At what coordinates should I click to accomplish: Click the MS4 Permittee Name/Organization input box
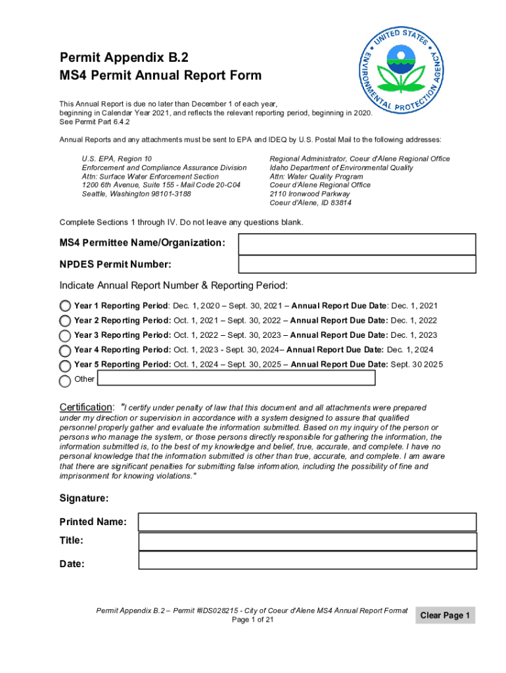coord(356,244)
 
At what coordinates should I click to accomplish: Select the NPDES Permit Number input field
coord(356,264)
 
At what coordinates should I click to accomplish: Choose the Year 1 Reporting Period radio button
coord(65,306)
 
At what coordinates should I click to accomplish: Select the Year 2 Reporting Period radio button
coord(65,321)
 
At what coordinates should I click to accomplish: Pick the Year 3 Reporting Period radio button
coord(65,335)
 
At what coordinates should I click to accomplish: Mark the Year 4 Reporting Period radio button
coord(65,350)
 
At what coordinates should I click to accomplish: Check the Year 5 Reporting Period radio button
coord(65,365)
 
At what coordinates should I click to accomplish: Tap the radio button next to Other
coord(65,381)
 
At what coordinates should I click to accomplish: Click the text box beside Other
coord(236,378)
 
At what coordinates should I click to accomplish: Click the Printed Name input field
coord(307,522)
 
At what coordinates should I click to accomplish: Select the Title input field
coord(307,541)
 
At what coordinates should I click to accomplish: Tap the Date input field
coord(307,561)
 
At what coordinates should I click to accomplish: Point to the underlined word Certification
coord(85,407)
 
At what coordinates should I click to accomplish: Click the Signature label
coord(84,499)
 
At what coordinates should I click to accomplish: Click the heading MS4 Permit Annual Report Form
coord(160,76)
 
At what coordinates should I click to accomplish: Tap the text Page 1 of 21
coord(252,620)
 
